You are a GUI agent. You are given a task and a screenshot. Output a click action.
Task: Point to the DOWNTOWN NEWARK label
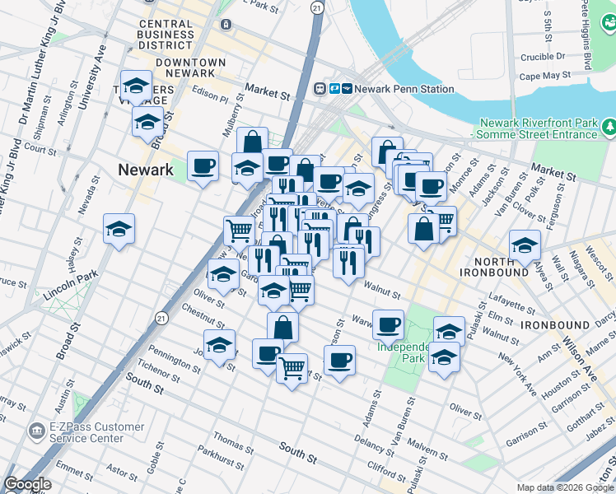click(x=190, y=69)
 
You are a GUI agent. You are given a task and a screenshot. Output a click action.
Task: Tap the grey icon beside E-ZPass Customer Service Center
click(x=36, y=431)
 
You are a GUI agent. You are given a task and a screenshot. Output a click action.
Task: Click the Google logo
click(x=26, y=484)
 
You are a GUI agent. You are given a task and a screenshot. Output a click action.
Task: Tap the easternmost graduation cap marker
click(x=525, y=244)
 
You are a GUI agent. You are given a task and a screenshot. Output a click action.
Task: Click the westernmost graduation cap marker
click(x=119, y=228)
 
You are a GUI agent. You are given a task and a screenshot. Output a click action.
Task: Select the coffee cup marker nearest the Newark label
click(x=203, y=166)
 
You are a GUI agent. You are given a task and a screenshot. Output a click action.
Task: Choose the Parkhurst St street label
click(x=221, y=454)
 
